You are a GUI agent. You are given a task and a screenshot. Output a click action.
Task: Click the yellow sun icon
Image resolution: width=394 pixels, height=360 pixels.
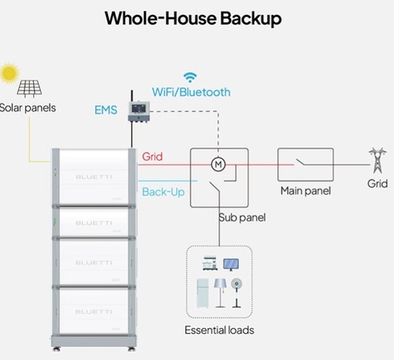[x=9, y=73]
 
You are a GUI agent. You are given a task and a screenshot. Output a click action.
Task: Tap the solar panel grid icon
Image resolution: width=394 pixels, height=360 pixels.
[x=29, y=88]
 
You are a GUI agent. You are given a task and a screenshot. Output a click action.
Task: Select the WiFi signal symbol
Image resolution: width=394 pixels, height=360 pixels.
[x=190, y=77]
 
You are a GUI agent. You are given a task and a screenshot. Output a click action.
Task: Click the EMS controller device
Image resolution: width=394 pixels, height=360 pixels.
[x=139, y=111]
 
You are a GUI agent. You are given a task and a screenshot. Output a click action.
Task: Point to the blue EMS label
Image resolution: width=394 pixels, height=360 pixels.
[x=106, y=110]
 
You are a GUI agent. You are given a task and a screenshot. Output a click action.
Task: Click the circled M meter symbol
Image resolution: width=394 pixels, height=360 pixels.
[x=218, y=165]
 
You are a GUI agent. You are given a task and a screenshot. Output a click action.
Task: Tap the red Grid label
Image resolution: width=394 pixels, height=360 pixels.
[x=152, y=157]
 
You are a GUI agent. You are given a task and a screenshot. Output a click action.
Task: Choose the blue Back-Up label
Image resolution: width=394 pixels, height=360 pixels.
[x=163, y=192]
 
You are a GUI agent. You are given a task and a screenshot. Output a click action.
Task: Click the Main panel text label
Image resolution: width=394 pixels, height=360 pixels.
[x=306, y=191]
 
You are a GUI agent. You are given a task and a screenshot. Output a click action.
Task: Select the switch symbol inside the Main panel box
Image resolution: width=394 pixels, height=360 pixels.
[x=302, y=162]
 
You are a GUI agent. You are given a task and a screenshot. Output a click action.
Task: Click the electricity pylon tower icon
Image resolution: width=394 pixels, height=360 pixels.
[x=377, y=160]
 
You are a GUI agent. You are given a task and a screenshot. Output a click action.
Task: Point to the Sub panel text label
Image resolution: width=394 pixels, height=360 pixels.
[x=242, y=217]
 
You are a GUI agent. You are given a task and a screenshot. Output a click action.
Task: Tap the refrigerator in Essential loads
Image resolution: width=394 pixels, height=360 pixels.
[x=203, y=294]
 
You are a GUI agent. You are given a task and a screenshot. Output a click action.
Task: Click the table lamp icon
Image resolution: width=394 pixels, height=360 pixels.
[x=220, y=293]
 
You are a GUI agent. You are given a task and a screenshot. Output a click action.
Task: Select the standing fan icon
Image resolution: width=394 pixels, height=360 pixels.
[x=236, y=293]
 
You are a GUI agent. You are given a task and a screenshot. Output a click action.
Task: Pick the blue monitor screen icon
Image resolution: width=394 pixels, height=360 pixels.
[x=231, y=265]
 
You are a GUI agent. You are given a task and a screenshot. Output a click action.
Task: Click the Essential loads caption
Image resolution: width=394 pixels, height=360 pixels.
[x=219, y=330]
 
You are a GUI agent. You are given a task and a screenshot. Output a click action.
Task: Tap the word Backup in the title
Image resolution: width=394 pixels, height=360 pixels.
[x=251, y=19]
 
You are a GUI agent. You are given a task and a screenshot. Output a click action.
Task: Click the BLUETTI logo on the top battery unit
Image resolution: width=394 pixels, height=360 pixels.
[x=94, y=177]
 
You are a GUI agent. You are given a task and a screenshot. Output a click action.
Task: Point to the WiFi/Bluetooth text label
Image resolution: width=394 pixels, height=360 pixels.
[x=191, y=92]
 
